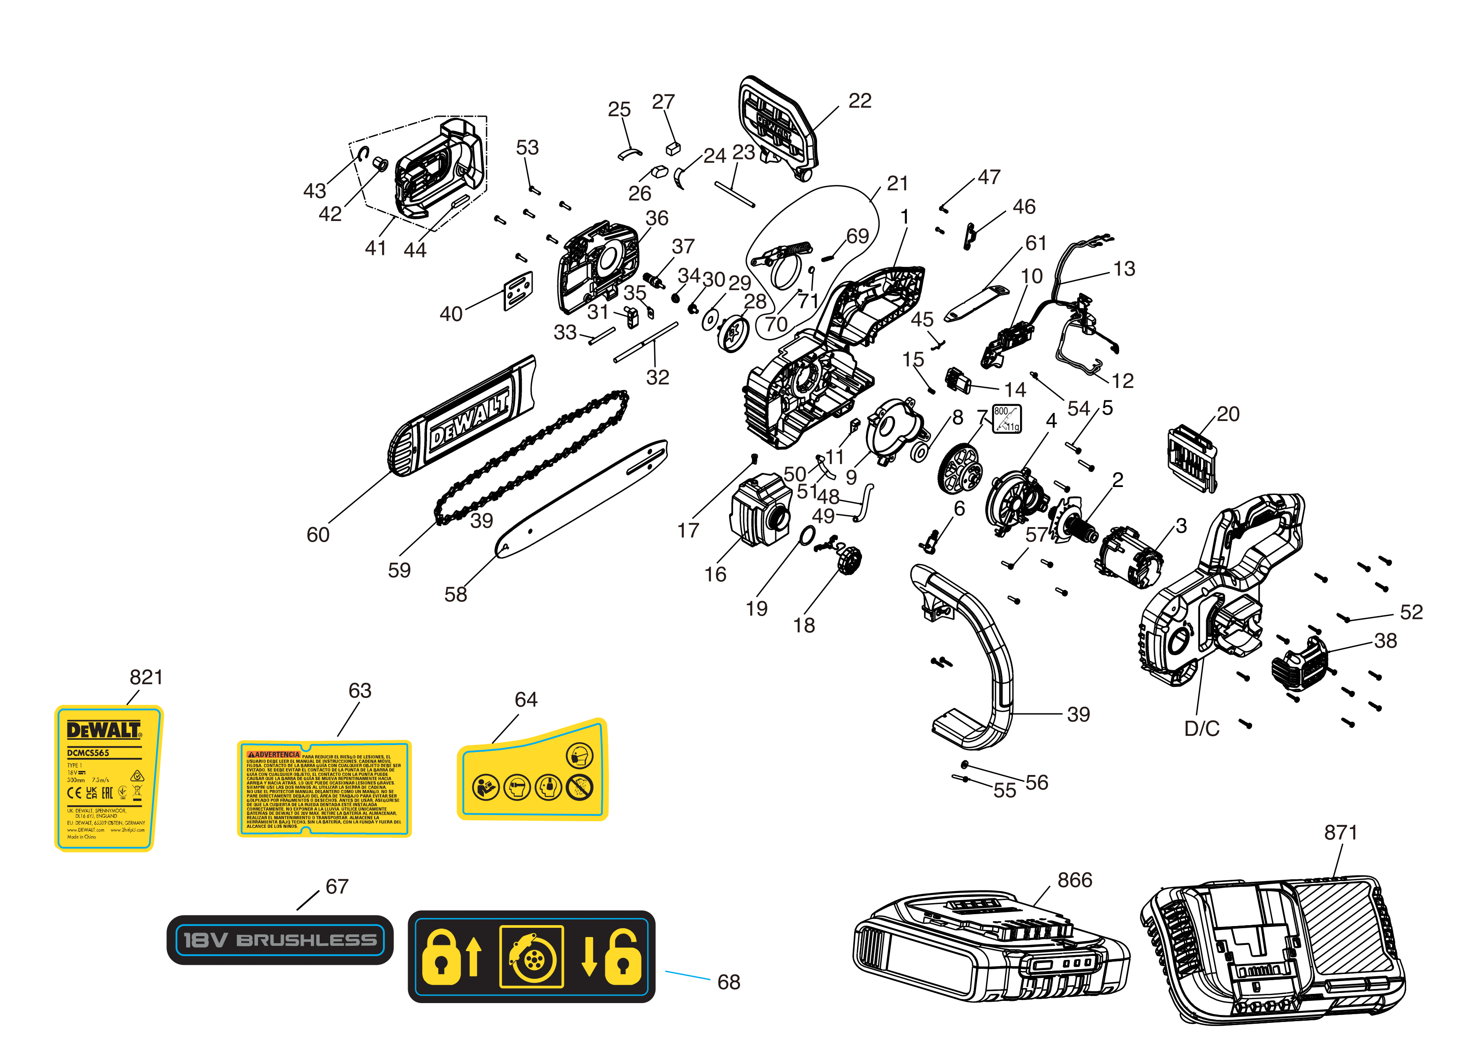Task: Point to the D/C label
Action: (x=1201, y=729)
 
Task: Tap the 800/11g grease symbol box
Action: (x=1006, y=418)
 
